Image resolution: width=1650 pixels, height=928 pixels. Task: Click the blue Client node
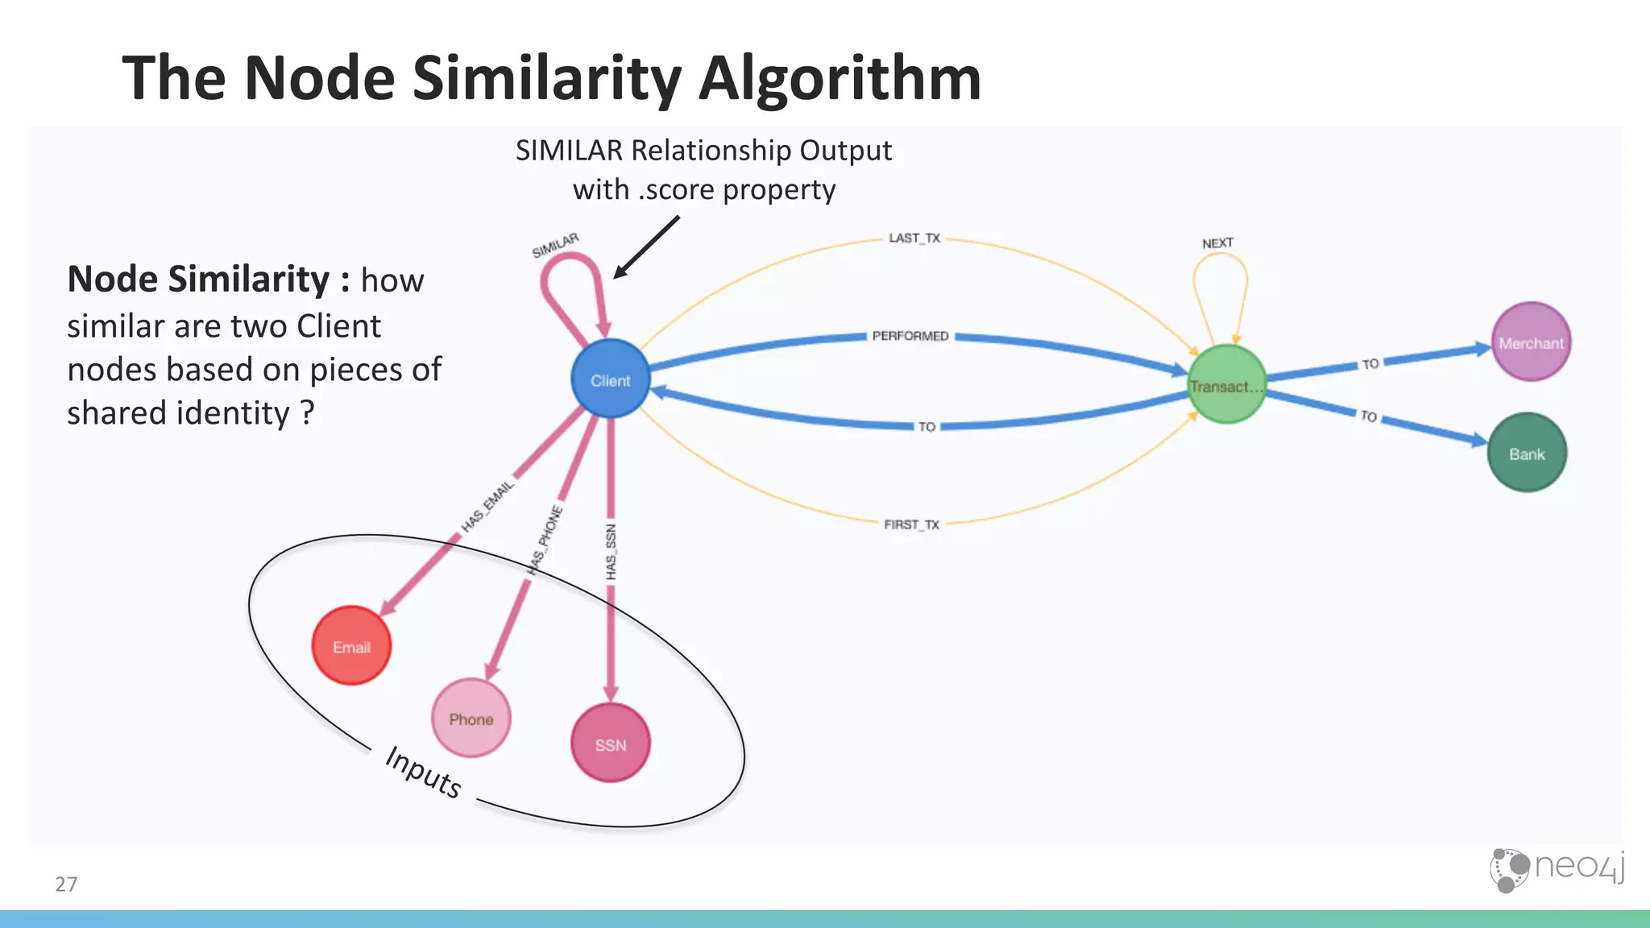(x=610, y=379)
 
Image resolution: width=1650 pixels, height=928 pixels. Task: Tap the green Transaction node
(x=1226, y=384)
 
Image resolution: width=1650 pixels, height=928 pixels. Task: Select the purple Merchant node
(x=1530, y=342)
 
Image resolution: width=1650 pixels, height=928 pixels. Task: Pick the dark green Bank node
(x=1526, y=453)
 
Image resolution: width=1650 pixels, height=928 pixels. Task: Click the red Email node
(x=351, y=646)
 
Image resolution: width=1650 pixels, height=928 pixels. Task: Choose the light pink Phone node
(x=471, y=718)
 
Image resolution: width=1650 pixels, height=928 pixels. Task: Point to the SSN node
(x=610, y=743)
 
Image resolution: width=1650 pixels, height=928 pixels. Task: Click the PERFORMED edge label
(x=910, y=336)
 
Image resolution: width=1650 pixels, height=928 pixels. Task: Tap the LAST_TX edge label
(x=914, y=238)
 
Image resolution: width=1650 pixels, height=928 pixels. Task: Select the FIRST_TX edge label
(x=911, y=524)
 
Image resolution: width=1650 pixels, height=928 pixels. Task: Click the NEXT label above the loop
(x=1217, y=243)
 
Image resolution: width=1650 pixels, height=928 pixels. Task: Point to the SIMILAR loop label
(x=555, y=246)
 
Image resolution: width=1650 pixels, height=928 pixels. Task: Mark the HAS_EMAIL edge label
(x=487, y=507)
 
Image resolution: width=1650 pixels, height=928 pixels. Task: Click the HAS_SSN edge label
(x=611, y=552)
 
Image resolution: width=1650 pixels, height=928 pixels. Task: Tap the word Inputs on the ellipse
(x=423, y=772)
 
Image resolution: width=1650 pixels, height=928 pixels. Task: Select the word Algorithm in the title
(x=840, y=78)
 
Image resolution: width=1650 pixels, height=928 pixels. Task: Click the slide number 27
(x=66, y=884)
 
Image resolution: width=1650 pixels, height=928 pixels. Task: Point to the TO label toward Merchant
(x=1370, y=364)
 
